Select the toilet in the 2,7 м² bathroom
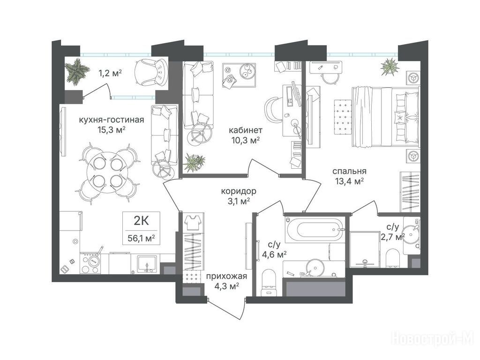pyautogui.click(x=392, y=258)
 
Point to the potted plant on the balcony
pyautogui.click(x=77, y=71)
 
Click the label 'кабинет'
pyautogui.click(x=246, y=130)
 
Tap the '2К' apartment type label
pyautogui.click(x=142, y=220)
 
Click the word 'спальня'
pyautogui.click(x=349, y=171)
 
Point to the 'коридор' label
pyautogui.click(x=239, y=191)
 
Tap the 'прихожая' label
pyautogui.click(x=226, y=277)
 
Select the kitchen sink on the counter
pyautogui.click(x=147, y=264)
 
